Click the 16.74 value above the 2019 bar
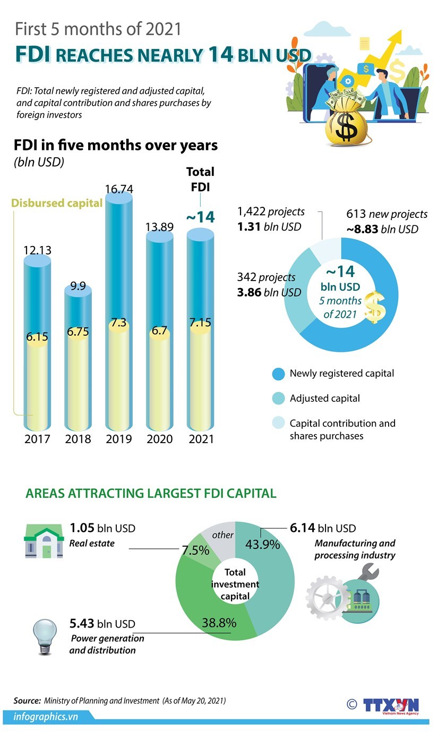(119, 189)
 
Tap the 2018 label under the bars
(78, 439)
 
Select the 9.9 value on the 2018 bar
(78, 286)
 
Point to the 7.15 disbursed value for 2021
(201, 323)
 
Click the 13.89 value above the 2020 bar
(160, 226)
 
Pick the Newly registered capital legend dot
(278, 374)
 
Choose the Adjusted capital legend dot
(278, 399)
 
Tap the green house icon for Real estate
(44, 540)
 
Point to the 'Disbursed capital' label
(57, 203)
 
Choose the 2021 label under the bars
(201, 439)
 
